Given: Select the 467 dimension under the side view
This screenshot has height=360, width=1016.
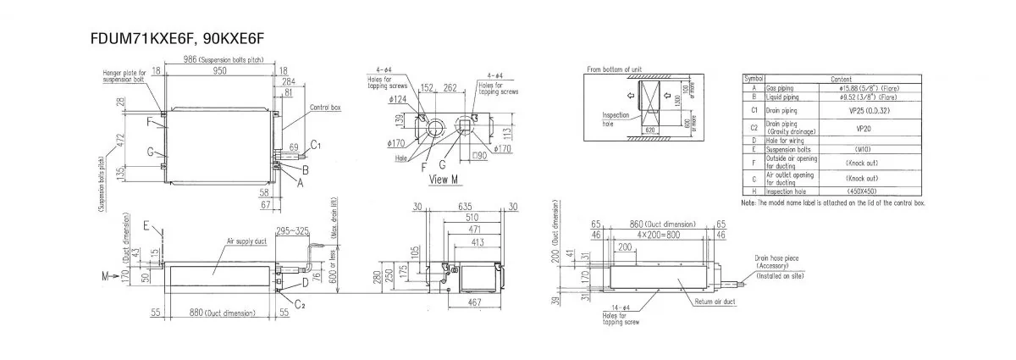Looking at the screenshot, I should (474, 302).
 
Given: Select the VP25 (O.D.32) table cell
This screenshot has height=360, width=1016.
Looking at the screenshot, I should (872, 110).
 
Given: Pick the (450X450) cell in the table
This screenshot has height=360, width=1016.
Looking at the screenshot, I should (872, 191).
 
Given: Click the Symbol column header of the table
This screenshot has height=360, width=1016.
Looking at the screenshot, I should (753, 78).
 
